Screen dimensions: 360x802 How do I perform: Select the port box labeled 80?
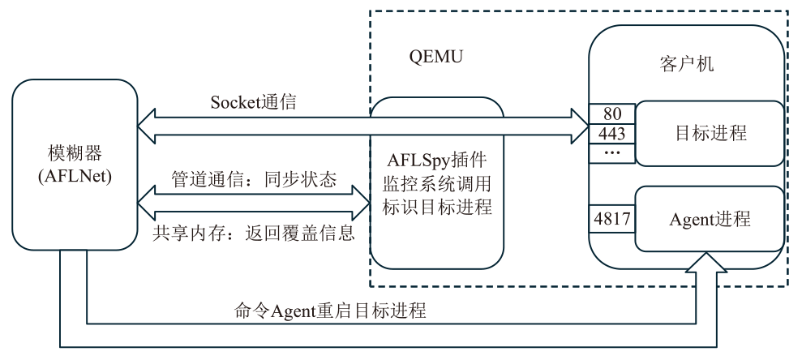611,114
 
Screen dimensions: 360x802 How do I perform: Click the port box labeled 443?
611,132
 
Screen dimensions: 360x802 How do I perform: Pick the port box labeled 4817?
611,217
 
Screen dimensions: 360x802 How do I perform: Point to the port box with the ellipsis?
611,152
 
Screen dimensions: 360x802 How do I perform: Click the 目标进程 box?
710,133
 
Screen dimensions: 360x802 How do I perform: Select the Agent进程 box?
710,218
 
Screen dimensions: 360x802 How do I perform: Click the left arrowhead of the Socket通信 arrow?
146,124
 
